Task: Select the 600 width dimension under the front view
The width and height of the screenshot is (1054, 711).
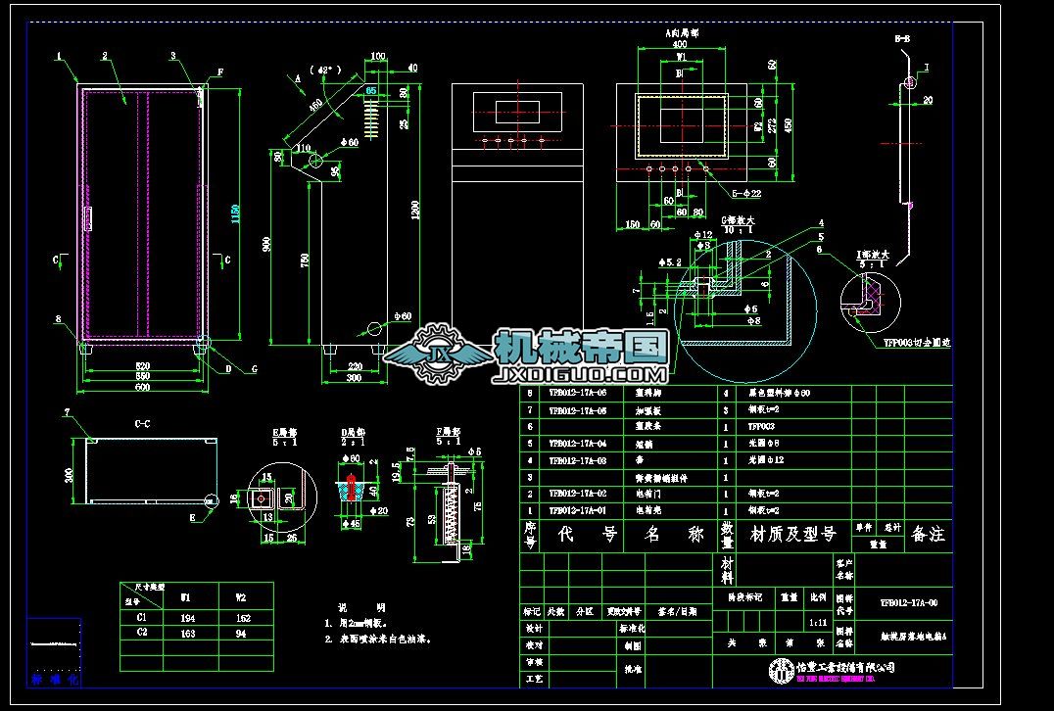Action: (143, 387)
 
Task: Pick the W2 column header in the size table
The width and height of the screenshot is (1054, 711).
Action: (243, 596)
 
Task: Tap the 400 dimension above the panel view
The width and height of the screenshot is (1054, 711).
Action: (678, 45)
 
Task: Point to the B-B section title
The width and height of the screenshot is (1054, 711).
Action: (902, 39)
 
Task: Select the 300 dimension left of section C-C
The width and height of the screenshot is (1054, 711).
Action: (70, 475)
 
